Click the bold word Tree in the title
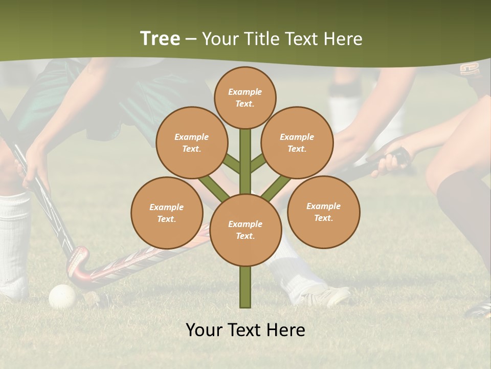coord(160,39)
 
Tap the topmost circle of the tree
coord(245,97)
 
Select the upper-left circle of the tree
coord(192,142)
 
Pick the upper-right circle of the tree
coord(297,142)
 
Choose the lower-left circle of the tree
coord(167,213)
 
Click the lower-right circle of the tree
coord(324,212)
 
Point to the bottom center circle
coord(245,230)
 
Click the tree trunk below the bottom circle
coord(245,287)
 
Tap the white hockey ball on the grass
coord(62,296)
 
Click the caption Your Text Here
coord(245,330)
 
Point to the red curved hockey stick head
coord(78,264)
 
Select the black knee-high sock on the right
coord(463,205)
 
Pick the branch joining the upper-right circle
coord(259,163)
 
